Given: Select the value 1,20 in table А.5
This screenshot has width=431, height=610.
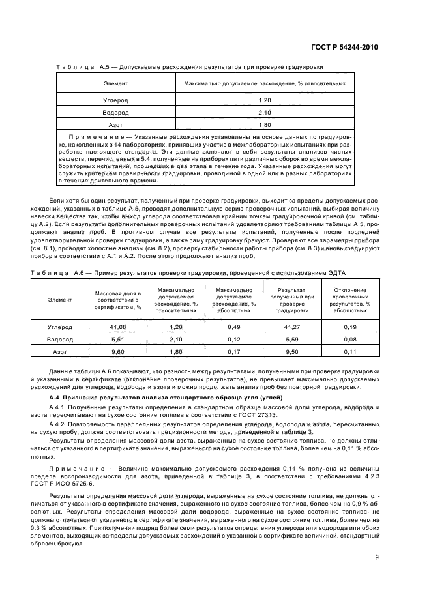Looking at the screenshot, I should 264,100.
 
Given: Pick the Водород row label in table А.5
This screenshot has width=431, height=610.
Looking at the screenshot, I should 115,112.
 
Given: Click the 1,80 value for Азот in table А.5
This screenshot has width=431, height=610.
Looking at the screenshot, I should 264,124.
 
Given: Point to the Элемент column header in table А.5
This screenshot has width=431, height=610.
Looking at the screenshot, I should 115,84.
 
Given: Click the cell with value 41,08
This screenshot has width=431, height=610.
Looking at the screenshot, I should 117,327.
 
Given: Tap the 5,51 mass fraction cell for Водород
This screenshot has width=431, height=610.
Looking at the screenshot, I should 117,340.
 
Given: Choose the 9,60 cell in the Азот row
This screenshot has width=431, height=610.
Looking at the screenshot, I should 117,352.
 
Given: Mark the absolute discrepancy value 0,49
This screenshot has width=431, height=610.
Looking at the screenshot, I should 233,327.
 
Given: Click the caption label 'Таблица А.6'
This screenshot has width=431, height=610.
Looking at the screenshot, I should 53,276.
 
